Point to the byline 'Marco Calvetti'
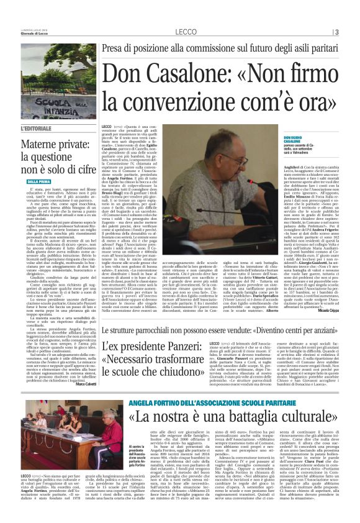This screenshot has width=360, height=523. click(x=87, y=383)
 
